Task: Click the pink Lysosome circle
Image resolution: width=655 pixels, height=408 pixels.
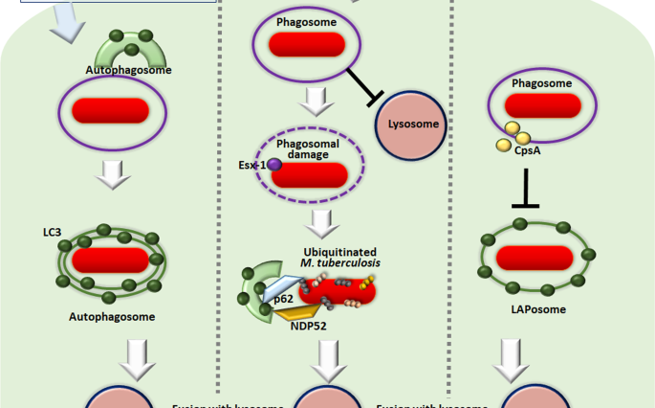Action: (x=413, y=125)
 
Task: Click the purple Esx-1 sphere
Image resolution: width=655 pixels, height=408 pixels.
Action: (x=273, y=166)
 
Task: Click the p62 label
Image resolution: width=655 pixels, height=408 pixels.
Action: (x=282, y=300)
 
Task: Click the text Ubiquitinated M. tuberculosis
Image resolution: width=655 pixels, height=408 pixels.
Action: (x=330, y=258)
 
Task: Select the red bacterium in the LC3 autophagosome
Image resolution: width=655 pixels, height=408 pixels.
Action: (x=110, y=260)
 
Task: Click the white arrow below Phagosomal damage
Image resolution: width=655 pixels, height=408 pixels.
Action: (x=322, y=222)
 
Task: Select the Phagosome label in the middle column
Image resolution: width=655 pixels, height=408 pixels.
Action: (x=307, y=21)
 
